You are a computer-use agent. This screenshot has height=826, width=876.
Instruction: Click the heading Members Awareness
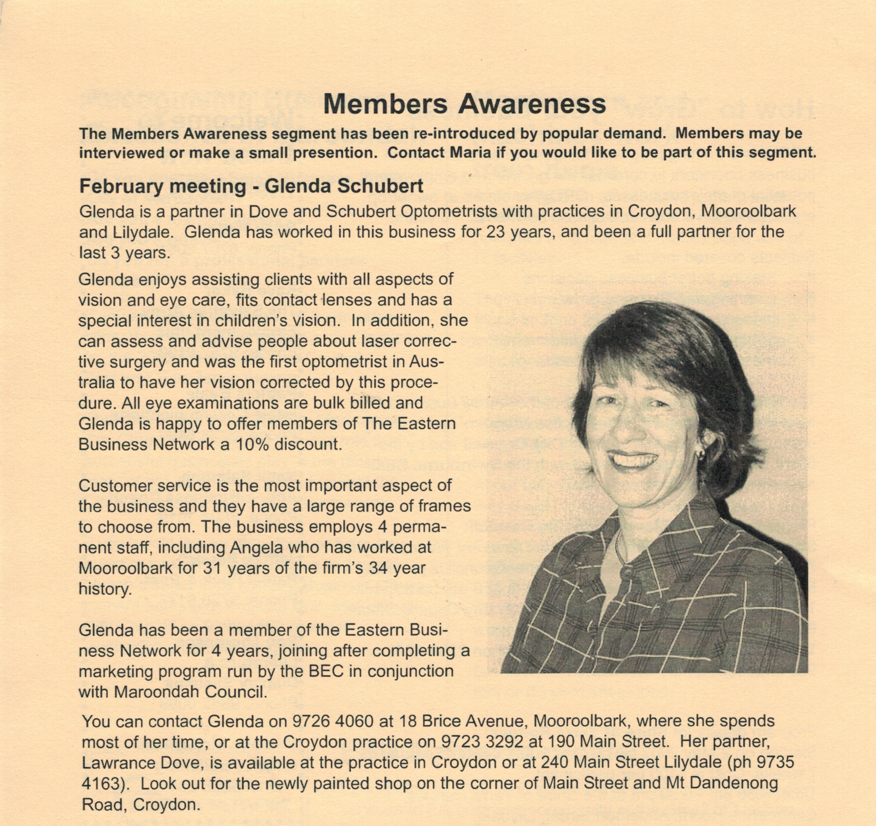pos(464,104)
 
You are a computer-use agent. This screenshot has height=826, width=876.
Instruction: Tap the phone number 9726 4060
pos(333,721)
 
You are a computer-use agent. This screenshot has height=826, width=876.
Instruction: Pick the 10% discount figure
pos(252,444)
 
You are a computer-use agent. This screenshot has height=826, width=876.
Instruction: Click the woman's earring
pos(699,452)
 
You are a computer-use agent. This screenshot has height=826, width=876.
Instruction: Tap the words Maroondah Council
pos(190,692)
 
